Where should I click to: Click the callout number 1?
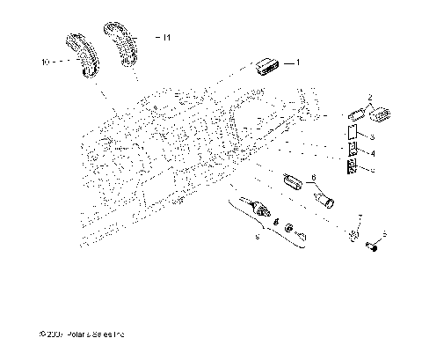297,62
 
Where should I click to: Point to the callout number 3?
373,139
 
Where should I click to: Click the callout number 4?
373,153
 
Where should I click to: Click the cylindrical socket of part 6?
324,198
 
